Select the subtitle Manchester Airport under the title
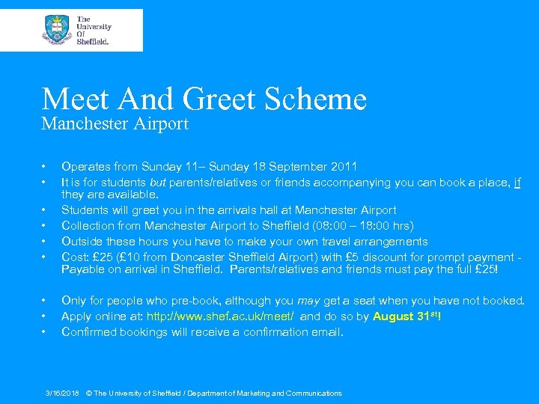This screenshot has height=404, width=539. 115,123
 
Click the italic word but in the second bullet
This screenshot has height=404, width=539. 157,181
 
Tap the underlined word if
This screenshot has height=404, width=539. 517,181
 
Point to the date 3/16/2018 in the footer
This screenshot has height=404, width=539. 62,393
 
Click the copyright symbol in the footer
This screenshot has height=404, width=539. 89,393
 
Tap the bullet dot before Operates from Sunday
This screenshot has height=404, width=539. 45,166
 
